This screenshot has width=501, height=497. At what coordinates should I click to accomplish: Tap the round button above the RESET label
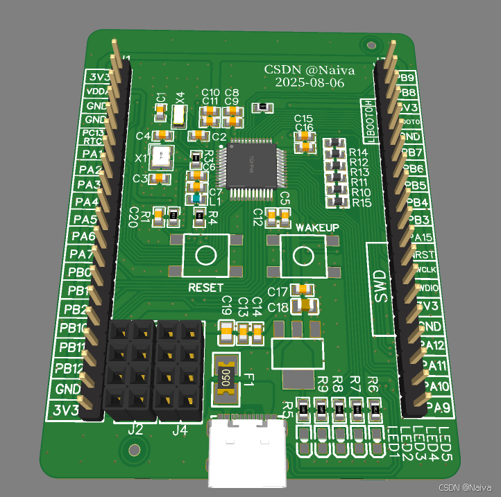click(x=206, y=255)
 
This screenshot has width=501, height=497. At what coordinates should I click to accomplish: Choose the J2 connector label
click(x=135, y=430)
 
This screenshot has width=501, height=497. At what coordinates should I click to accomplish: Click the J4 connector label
click(x=180, y=430)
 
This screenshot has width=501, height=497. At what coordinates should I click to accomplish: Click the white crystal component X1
click(x=162, y=157)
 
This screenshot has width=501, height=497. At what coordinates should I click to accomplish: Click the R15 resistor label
click(x=362, y=203)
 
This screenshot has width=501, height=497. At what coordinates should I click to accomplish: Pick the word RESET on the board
click(x=206, y=287)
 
